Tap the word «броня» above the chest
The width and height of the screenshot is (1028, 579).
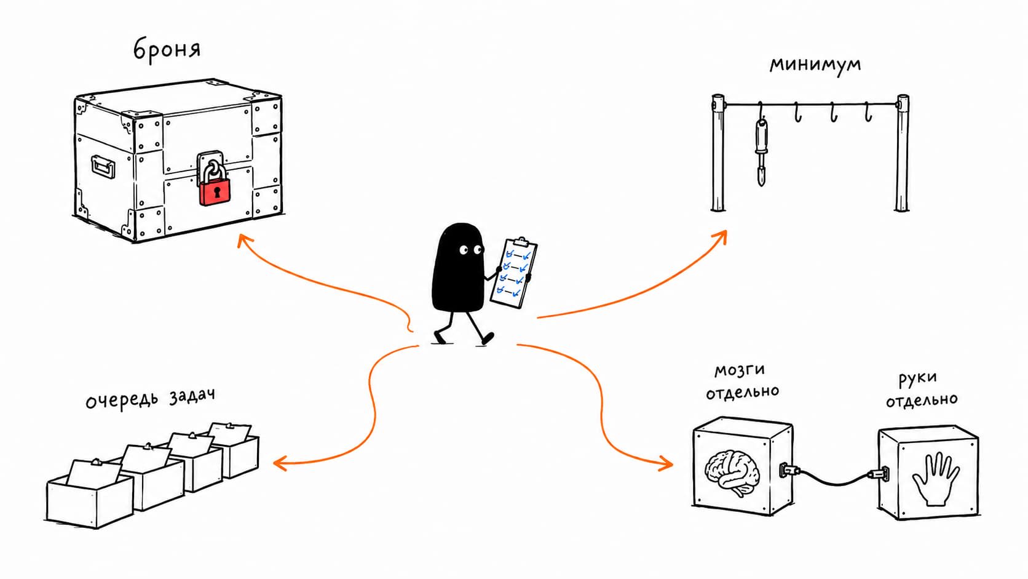point(167,49)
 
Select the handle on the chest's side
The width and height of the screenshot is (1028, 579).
point(103,166)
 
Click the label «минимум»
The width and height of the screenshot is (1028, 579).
point(815,65)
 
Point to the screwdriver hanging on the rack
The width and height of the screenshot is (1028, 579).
point(762,151)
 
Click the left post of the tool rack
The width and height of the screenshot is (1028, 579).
point(718,153)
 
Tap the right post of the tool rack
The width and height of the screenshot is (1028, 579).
point(902,153)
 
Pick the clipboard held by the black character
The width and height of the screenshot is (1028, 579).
point(513,273)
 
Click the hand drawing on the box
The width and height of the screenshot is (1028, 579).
point(936,479)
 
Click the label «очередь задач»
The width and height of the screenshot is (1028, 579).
point(150,399)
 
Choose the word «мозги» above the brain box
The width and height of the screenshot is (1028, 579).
point(739,370)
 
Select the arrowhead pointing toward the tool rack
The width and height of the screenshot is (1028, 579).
point(721,236)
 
